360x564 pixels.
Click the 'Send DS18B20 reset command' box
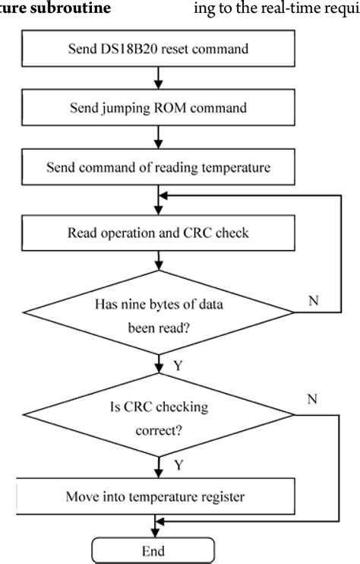coord(157,51)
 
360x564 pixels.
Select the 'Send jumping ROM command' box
coord(157,108)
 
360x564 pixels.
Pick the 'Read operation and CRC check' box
coord(157,233)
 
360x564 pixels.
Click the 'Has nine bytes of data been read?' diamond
coord(159,312)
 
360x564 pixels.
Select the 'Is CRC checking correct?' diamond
coord(159,416)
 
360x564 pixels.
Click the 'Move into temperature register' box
coord(157,498)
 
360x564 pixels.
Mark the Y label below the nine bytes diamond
coord(177,365)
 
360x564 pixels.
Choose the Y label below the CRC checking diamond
coord(177,464)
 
